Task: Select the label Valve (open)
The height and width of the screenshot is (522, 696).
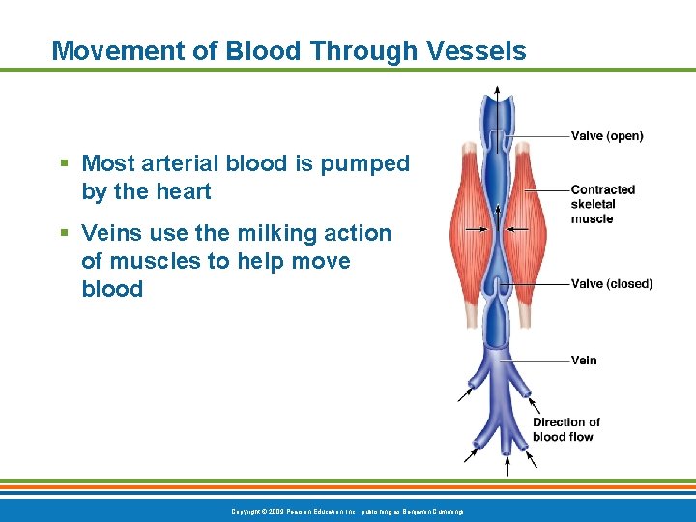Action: click(607, 136)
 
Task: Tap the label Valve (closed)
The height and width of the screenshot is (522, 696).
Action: click(612, 283)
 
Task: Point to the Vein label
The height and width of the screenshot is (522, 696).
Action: click(584, 360)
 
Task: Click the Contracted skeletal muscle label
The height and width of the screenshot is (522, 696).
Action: click(603, 204)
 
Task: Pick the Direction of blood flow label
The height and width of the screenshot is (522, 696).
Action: click(566, 429)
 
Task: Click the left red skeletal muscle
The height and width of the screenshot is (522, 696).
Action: click(467, 222)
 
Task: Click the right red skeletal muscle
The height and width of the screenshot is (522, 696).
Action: click(529, 222)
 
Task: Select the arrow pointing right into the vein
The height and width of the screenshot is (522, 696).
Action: click(475, 229)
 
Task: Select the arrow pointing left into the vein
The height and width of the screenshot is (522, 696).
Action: click(518, 229)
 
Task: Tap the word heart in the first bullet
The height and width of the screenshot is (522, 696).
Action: click(182, 191)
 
